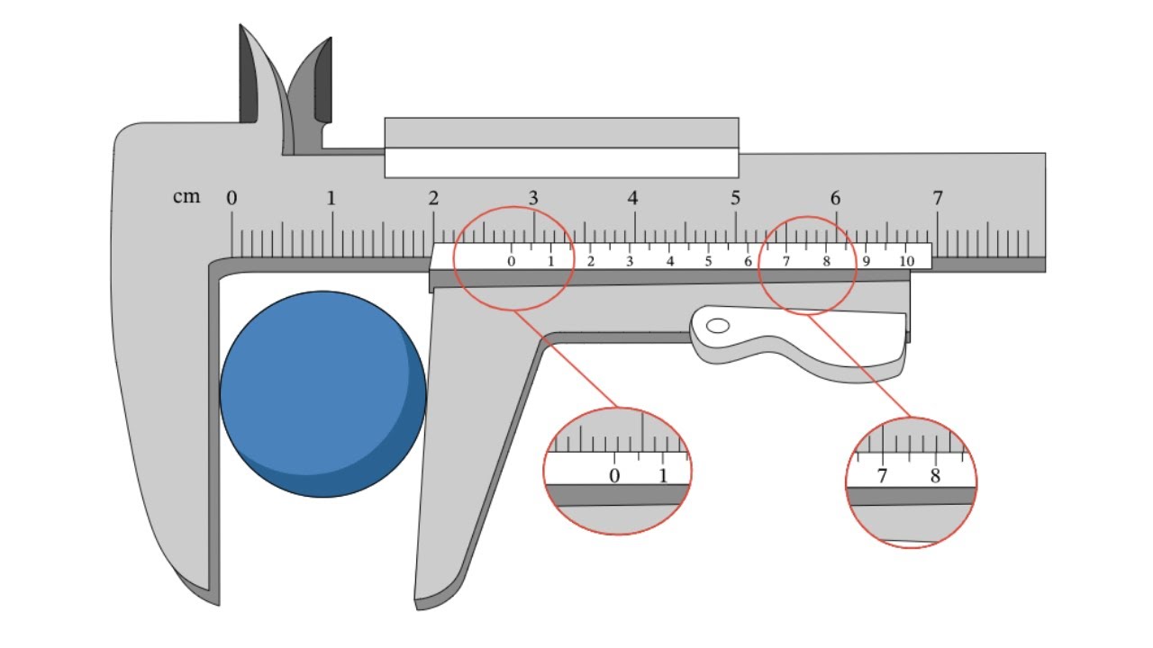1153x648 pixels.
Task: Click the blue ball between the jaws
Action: [322, 394]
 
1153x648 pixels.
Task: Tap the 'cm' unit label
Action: [186, 196]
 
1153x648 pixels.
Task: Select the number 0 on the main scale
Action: [232, 198]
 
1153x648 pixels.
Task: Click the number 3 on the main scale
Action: [533, 198]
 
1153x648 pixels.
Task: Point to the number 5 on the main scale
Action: [735, 198]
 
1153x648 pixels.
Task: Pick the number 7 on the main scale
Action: [938, 198]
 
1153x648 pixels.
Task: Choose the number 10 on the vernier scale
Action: [907, 261]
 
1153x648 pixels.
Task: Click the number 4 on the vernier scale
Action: [669, 261]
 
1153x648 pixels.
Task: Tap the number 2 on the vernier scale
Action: [590, 261]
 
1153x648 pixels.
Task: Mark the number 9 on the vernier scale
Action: [867, 261]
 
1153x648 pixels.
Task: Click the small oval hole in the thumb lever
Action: [718, 326]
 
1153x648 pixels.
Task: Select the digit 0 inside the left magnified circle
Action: [614, 476]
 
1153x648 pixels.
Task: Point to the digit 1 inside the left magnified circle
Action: [663, 476]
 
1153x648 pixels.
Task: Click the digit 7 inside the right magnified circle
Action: [882, 476]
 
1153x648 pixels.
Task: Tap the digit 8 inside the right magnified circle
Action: [935, 476]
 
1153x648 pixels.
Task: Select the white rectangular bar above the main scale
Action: [561, 163]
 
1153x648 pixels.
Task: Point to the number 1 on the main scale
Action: [331, 198]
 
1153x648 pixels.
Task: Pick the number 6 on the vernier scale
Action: [748, 261]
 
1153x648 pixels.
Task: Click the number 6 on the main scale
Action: [835, 198]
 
